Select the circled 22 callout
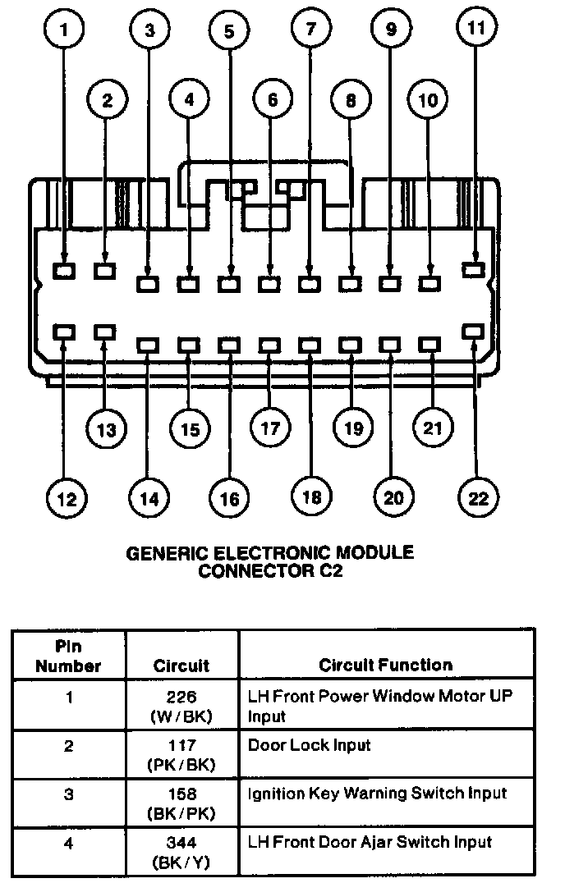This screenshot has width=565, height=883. click(476, 498)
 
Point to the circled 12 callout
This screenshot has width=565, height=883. click(67, 498)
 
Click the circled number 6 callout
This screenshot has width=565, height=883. click(270, 101)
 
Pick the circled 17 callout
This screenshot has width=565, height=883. click(270, 428)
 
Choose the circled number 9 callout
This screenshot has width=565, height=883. click(391, 30)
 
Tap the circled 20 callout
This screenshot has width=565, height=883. click(391, 498)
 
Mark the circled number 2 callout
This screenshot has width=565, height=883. click(108, 101)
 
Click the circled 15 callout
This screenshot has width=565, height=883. click(190, 428)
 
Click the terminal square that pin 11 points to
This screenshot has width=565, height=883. click(472, 268)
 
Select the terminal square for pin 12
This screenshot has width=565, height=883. click(64, 331)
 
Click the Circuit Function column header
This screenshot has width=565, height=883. click(385, 665)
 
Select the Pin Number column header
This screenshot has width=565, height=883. click(69, 657)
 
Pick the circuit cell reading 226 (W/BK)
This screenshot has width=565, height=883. click(181, 706)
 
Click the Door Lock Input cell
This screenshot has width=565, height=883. click(309, 745)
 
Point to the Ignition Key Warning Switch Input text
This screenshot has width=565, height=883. click(377, 793)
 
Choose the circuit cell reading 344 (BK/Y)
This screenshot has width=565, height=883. click(181, 850)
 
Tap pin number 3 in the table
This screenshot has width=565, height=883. click(69, 794)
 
